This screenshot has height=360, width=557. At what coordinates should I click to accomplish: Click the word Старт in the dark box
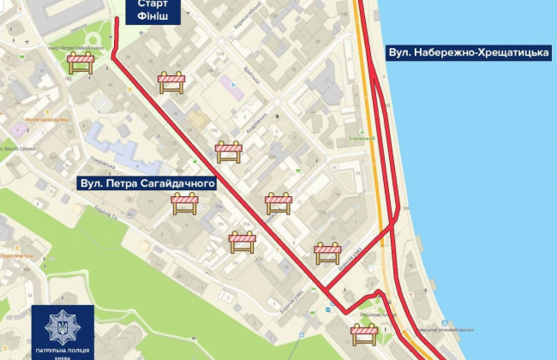(x=141, y=5)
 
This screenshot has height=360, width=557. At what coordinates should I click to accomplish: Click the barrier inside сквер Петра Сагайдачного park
(x=82, y=63)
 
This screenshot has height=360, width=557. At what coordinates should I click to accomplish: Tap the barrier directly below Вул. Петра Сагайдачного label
(x=184, y=203)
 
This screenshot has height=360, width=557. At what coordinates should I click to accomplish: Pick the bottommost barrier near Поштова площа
(x=364, y=333)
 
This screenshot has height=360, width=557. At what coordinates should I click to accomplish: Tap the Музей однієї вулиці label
(x=43, y=120)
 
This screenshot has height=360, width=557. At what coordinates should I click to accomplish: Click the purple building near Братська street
(x=229, y=84)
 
